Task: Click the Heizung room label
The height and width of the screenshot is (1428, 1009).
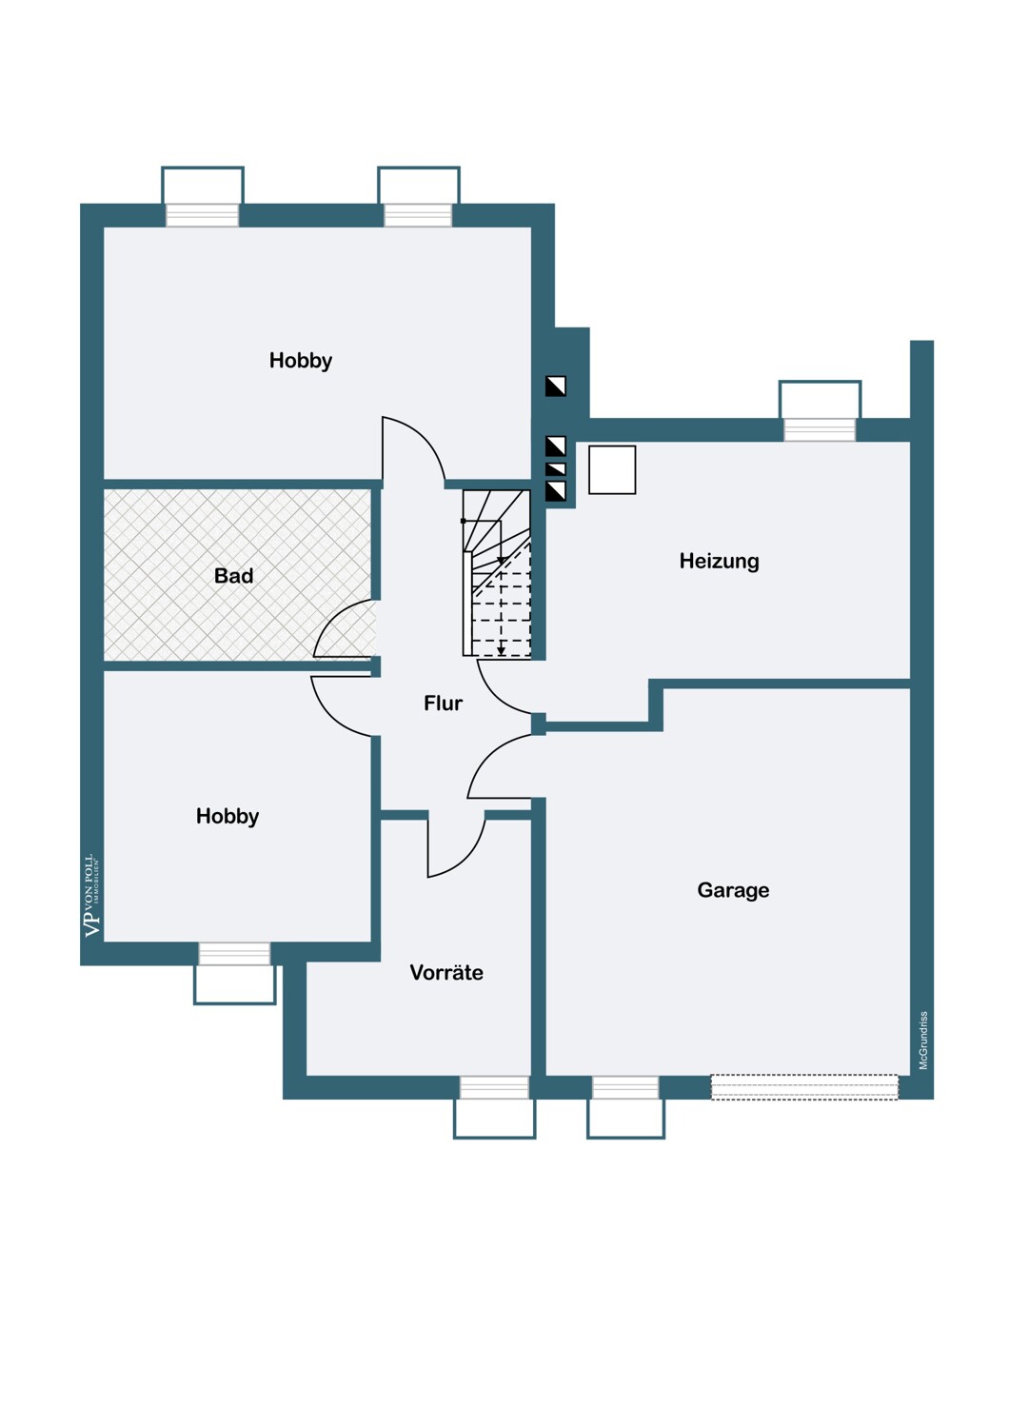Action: [719, 561]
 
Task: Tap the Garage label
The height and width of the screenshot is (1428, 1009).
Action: [733, 890]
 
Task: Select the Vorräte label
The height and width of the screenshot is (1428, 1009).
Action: [446, 972]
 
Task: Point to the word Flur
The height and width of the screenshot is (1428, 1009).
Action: [443, 704]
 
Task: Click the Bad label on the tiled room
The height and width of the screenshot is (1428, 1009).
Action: [233, 576]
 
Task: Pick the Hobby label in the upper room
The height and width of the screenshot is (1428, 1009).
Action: [300, 361]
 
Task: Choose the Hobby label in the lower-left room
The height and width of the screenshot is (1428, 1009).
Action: [227, 817]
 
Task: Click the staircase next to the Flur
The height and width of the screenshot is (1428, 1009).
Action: [497, 572]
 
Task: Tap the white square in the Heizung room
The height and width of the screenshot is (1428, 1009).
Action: [612, 470]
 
